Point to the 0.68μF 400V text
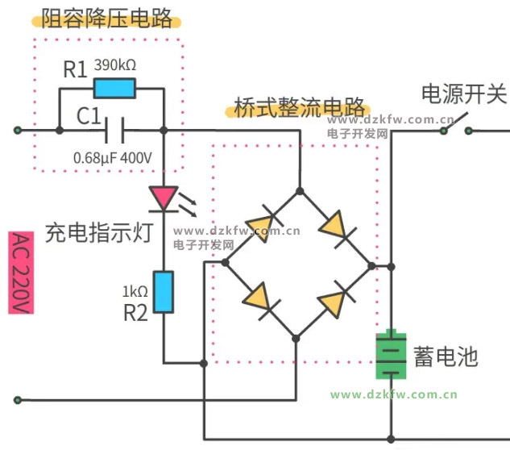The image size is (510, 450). pyautogui.click(x=112, y=158)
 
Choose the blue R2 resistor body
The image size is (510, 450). pyautogui.click(x=163, y=292)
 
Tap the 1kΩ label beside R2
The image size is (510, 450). pyautogui.click(x=134, y=290)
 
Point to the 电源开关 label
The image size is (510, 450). pyautogui.click(x=464, y=94)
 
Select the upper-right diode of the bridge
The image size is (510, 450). pyautogui.click(x=336, y=227)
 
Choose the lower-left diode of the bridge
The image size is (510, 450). pyautogui.click(x=260, y=298)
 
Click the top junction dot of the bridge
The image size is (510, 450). pyautogui.click(x=299, y=191)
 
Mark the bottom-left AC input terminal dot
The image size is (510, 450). pyautogui.click(x=18, y=399)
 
